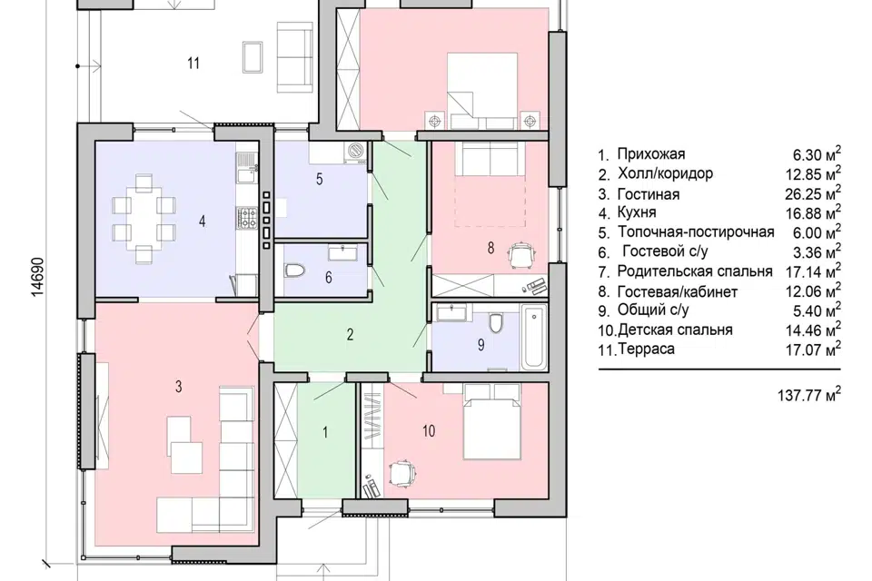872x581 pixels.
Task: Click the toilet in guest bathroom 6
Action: point(294,271)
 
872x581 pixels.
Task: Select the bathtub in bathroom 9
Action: point(534,338)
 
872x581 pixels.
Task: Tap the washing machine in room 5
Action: point(354,152)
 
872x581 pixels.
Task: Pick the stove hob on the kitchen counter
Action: point(247,217)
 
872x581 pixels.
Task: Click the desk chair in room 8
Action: point(522,254)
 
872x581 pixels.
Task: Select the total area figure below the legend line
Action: point(809,394)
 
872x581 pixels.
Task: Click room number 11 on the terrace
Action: point(193,64)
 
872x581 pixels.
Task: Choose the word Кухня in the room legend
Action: point(637,212)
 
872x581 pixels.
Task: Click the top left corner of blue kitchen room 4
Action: point(95,142)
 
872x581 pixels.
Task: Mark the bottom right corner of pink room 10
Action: point(549,498)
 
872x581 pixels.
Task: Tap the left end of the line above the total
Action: point(599,369)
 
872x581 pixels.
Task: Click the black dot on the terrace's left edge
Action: point(78,66)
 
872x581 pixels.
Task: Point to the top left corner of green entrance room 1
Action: point(298,383)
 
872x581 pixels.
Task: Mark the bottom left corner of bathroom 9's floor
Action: point(432,370)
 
